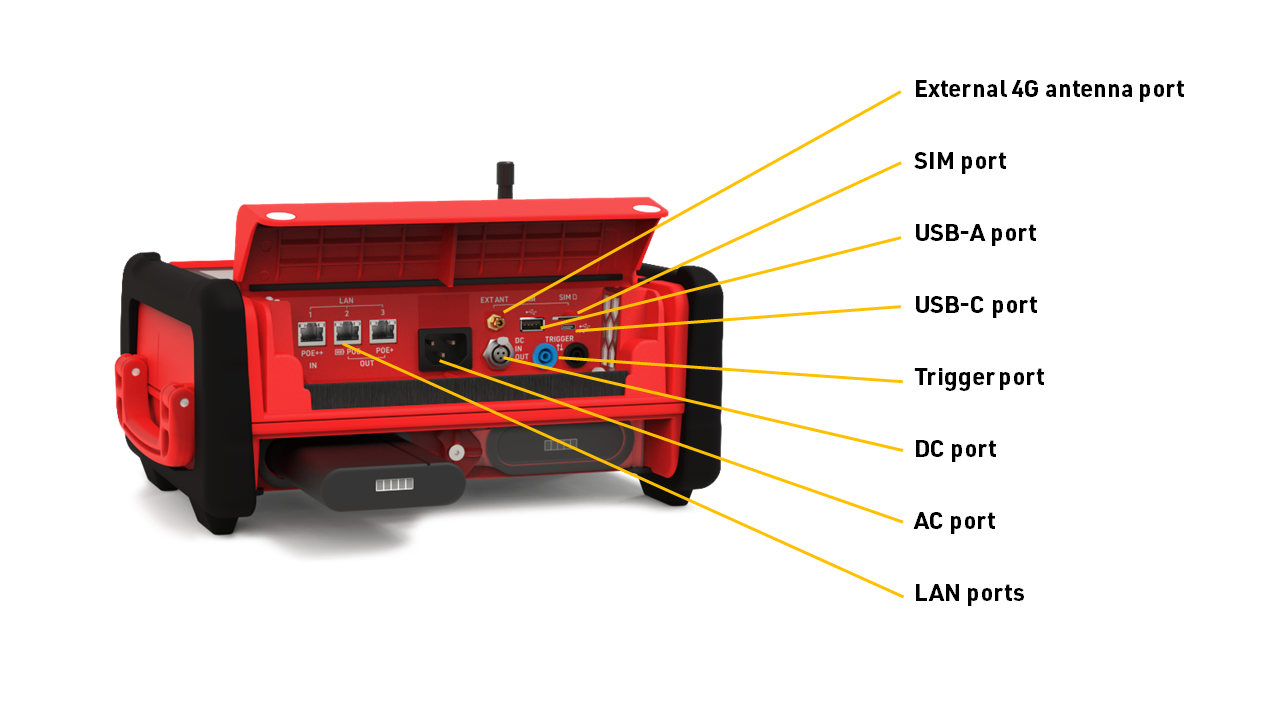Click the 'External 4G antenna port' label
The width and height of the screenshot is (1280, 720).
click(x=1049, y=89)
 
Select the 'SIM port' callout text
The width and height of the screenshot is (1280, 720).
click(x=960, y=161)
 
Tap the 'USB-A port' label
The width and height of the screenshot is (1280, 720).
click(x=975, y=233)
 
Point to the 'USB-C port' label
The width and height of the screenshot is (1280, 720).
click(x=976, y=305)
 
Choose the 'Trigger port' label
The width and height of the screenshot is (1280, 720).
click(x=979, y=377)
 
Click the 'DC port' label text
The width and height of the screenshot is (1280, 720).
click(x=955, y=449)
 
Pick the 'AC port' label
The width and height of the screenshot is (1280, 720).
click(x=954, y=521)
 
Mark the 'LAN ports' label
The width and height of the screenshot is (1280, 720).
click(x=969, y=593)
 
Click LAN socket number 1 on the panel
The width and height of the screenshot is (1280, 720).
click(x=312, y=333)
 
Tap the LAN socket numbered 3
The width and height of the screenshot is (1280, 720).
click(x=383, y=331)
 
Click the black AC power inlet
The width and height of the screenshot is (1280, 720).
click(x=444, y=350)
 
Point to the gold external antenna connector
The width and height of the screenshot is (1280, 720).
click(x=494, y=322)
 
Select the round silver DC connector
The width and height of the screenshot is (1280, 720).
click(x=497, y=353)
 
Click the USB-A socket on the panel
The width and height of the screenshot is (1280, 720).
click(x=531, y=324)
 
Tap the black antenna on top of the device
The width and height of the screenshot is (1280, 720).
click(x=503, y=180)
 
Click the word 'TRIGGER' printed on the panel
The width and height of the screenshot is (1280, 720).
click(x=560, y=339)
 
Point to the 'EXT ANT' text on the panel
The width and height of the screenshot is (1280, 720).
click(x=494, y=300)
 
